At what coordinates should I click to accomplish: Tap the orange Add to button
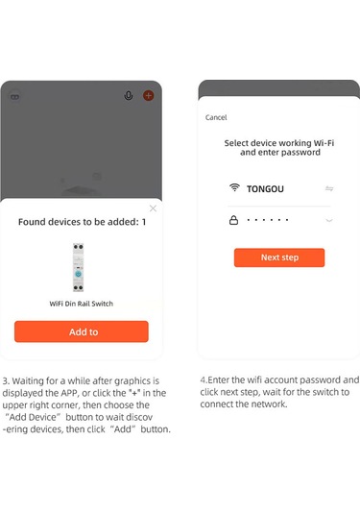82,331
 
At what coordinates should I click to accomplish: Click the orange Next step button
279,257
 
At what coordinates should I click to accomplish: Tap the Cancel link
216,117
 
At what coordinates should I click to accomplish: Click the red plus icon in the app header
149,96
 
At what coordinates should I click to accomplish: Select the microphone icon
129,95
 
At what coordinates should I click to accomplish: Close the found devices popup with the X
153,208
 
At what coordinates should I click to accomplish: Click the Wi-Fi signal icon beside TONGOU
234,187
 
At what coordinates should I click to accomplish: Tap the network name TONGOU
265,189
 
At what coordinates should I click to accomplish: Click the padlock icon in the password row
233,220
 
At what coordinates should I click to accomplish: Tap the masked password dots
268,220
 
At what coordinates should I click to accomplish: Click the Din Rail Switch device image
78,267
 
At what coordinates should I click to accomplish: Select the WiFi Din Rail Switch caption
82,304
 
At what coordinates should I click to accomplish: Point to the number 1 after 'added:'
143,222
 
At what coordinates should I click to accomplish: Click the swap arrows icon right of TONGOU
329,188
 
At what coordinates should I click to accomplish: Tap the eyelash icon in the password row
329,220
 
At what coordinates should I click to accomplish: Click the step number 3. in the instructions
6,380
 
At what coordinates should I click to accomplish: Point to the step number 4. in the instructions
204,379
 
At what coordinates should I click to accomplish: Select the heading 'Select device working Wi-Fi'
279,143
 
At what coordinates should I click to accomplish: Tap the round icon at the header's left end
15,97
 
